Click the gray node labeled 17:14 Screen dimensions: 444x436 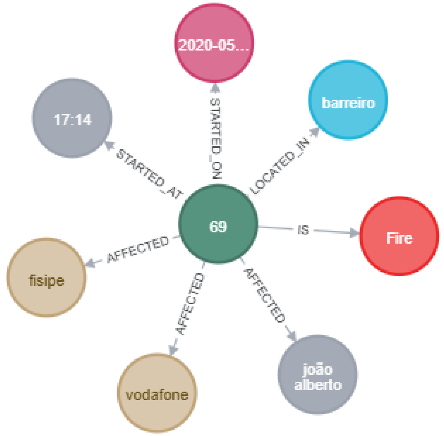coord(72,118)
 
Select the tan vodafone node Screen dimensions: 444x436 coord(157,393)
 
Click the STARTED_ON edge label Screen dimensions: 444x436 coord(216,138)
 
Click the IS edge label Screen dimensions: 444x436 coord(303,229)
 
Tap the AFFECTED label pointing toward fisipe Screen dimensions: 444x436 coord(138,249)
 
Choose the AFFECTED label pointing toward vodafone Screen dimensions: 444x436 coord(190,303)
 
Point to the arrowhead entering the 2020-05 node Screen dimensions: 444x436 coord(215,88)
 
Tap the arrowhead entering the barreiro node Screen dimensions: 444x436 coord(314,132)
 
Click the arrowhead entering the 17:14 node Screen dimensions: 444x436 coord(109,145)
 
